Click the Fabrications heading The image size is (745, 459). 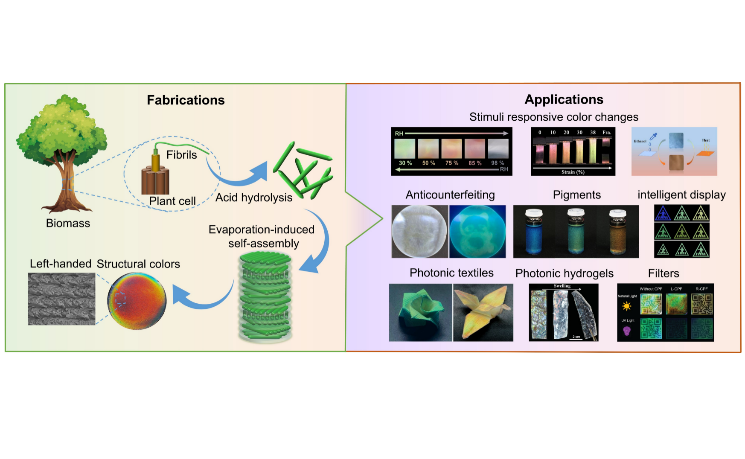[x=186, y=100]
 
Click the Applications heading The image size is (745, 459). [x=564, y=99]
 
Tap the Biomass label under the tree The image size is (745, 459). [x=68, y=223]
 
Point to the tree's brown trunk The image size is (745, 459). [x=66, y=183]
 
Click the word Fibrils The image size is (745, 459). [x=181, y=155]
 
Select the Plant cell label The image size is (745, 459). [x=172, y=201]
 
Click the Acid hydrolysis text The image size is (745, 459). [x=254, y=198]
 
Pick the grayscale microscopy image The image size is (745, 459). [x=61, y=299]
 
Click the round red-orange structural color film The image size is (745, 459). [x=137, y=301]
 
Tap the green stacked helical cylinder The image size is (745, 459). [x=265, y=296]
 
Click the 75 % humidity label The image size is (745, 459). [x=451, y=163]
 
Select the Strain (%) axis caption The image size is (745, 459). [x=573, y=172]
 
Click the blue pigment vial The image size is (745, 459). [x=533, y=232]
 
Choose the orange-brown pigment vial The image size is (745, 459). [x=617, y=232]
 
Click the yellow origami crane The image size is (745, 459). [x=483, y=312]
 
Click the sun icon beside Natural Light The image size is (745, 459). [x=626, y=306]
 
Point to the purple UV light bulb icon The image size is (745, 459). [x=626, y=331]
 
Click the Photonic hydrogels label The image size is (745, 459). [x=564, y=273]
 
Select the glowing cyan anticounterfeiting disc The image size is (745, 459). [x=477, y=231]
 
